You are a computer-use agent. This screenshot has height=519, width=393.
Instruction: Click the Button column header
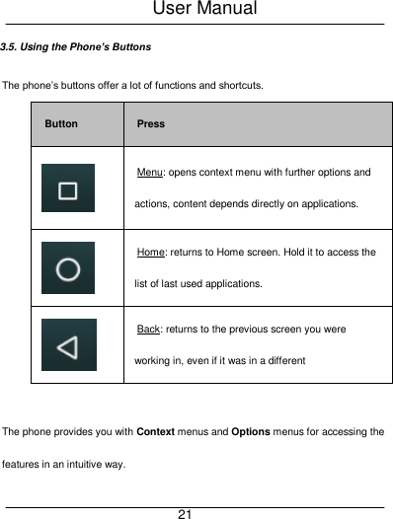tap(61, 124)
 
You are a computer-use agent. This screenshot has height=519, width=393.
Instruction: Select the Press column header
tap(151, 124)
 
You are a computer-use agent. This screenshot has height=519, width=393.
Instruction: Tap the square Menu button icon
tap(68, 188)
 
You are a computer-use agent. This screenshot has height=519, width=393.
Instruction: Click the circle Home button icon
tap(68, 268)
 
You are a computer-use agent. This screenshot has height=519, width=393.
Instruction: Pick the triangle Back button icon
tap(68, 345)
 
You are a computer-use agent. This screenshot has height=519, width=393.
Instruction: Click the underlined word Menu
tap(150, 173)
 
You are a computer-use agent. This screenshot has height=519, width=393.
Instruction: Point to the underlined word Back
tap(149, 330)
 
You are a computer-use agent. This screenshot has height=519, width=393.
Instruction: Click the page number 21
tap(185, 514)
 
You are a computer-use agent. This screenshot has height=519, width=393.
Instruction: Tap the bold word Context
tap(156, 432)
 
